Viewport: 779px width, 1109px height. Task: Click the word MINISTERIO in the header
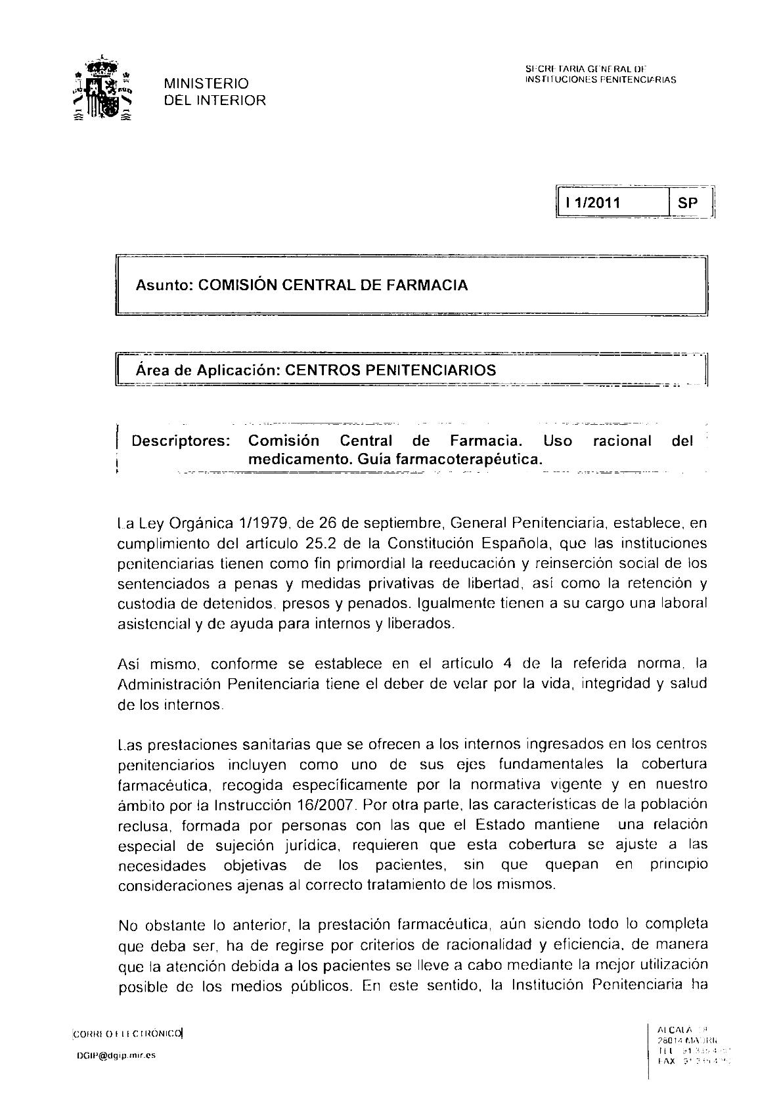click(x=206, y=83)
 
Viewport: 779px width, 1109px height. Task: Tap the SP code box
click(x=688, y=203)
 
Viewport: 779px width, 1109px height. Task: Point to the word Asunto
click(x=164, y=285)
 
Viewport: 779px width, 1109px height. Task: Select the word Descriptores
click(x=181, y=441)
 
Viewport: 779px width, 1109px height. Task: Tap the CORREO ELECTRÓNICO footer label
click(x=128, y=1033)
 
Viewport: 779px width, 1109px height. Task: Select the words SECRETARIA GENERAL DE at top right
click(x=586, y=69)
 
